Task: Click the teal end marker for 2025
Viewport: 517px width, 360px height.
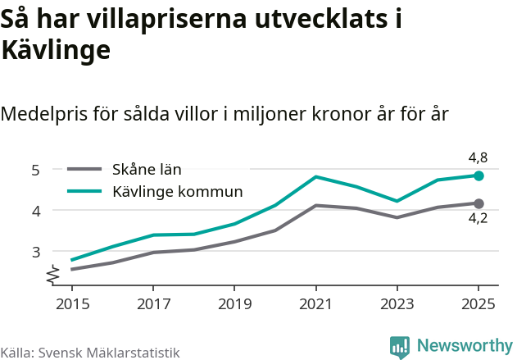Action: [479, 175]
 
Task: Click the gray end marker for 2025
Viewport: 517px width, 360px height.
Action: [479, 203]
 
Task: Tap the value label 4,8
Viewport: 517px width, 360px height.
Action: [478, 157]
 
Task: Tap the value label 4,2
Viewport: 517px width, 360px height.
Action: [478, 219]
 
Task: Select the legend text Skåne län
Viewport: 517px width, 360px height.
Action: [147, 171]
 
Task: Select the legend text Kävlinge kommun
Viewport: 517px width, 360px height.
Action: [178, 192]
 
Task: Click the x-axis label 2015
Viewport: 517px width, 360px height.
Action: [72, 304]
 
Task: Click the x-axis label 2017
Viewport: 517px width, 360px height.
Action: [153, 304]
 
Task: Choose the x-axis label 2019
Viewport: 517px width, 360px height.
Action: [234, 304]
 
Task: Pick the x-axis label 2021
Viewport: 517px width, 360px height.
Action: [316, 304]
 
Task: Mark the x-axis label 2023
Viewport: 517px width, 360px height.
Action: [397, 304]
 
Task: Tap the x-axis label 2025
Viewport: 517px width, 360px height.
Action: [478, 304]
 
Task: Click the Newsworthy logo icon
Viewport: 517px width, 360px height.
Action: [400, 347]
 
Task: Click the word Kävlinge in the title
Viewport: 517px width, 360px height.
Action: [56, 50]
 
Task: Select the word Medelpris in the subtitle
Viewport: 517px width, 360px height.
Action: [44, 114]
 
